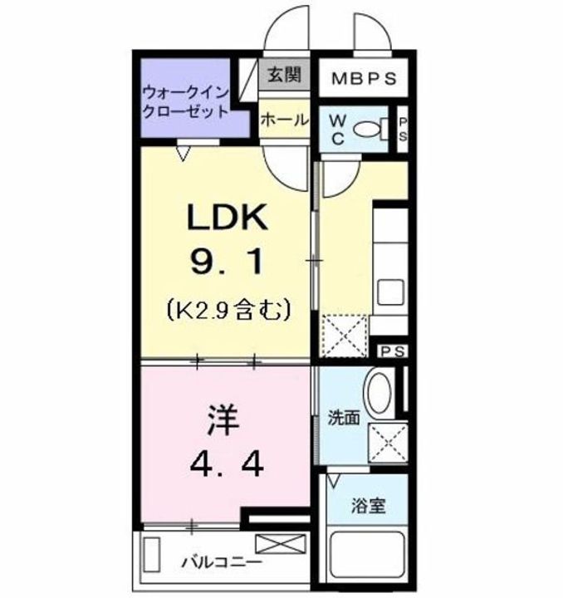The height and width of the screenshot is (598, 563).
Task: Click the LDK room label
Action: [x=226, y=218]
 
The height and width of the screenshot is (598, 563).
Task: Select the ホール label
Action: [x=283, y=120]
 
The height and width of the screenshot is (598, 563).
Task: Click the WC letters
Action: [x=338, y=130]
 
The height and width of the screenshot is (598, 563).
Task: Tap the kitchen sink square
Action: [x=389, y=292]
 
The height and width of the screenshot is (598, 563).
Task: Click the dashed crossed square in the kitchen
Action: [x=343, y=333]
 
